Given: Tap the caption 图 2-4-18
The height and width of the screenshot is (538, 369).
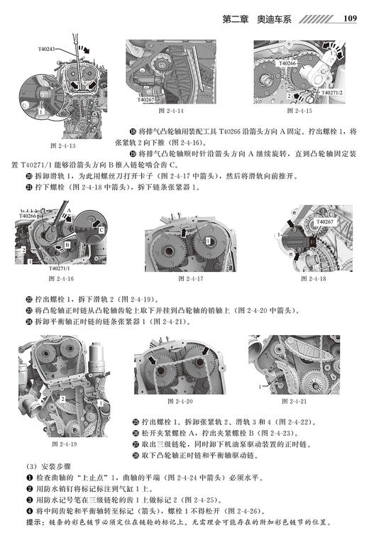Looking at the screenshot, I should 313,279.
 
